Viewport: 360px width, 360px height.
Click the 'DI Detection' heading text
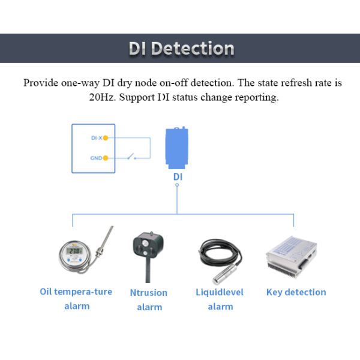(x=181, y=49)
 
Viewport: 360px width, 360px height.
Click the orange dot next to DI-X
(x=106, y=138)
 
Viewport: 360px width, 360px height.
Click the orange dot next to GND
(x=106, y=158)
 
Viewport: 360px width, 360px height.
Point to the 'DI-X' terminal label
(x=96, y=138)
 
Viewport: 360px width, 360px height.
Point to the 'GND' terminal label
(x=95, y=158)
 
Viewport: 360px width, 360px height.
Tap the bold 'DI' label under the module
(x=178, y=177)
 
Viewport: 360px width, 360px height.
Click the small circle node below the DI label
(x=177, y=186)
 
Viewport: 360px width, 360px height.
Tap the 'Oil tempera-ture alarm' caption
(x=76, y=299)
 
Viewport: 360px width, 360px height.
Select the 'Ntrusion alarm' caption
(x=149, y=299)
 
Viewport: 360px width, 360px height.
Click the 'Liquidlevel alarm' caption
(x=220, y=299)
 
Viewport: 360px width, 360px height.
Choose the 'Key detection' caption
(x=296, y=292)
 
